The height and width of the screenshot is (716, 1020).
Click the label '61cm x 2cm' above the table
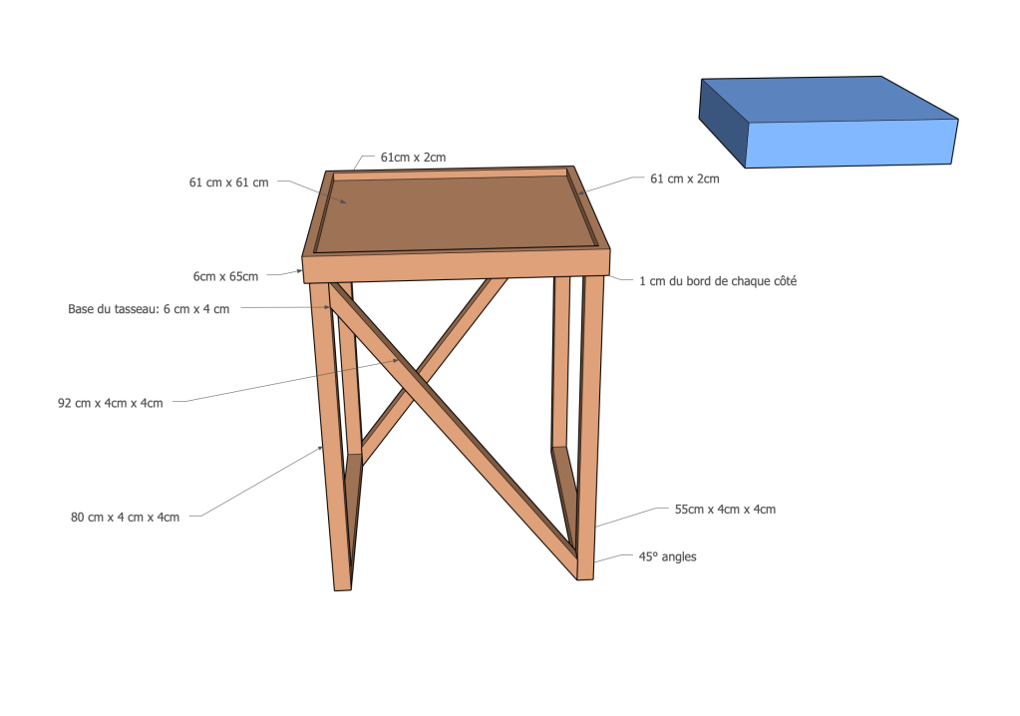point(413,158)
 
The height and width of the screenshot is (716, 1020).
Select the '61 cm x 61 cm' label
point(229,182)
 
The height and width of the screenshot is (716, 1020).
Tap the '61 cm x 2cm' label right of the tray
point(684,179)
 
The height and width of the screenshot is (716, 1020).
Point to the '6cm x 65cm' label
point(225,276)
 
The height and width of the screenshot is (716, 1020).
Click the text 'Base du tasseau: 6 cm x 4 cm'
point(149,309)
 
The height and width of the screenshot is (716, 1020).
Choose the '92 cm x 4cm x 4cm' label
point(111,403)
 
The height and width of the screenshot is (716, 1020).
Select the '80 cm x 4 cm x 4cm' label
point(125,518)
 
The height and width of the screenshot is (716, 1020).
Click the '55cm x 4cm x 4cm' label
point(725,510)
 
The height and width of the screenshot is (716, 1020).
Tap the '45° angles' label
point(667,556)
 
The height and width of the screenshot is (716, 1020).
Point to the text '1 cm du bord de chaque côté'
point(718,281)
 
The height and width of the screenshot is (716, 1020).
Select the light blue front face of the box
point(850,144)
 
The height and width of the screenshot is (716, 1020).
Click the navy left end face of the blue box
point(723,123)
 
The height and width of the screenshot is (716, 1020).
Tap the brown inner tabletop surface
point(456,211)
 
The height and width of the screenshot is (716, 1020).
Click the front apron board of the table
point(457,266)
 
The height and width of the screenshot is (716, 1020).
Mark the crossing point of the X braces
point(415,385)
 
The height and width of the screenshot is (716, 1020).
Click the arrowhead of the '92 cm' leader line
point(396,360)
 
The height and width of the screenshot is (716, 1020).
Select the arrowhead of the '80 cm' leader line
point(320,448)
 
